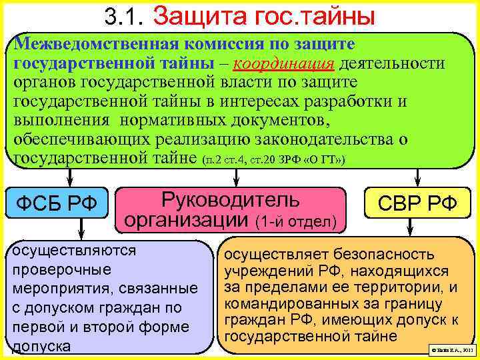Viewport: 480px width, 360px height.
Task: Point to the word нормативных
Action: point(172,120)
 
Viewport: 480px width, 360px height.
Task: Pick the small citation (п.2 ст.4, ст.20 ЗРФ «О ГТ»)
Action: point(273,160)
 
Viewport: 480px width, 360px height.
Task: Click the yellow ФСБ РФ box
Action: point(57,202)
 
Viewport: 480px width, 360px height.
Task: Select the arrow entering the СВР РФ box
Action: point(417,177)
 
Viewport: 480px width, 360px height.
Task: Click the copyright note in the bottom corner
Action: point(452,349)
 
